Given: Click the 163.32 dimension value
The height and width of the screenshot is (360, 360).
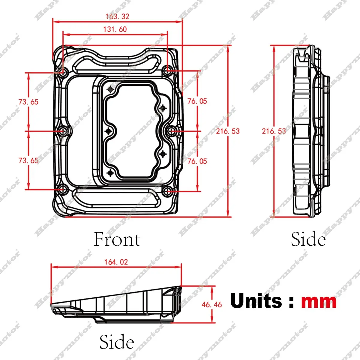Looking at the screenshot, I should (x=117, y=16).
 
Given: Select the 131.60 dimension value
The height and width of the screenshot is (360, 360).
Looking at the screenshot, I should (x=115, y=29).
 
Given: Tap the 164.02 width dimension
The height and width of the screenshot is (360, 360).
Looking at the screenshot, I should (x=116, y=262).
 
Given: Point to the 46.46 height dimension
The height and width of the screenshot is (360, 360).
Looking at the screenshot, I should (x=212, y=304).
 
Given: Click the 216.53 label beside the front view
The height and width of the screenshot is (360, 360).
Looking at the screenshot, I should (x=228, y=131).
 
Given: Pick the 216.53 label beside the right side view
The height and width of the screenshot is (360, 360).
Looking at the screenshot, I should (x=274, y=131).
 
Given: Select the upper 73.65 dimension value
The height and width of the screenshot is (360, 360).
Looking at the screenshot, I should (x=28, y=102).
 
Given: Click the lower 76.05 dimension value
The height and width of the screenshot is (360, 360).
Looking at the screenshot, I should (x=197, y=161).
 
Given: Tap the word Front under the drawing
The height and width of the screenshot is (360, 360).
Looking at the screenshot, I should (x=117, y=239).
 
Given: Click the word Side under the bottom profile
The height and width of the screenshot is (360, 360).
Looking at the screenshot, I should (x=117, y=342).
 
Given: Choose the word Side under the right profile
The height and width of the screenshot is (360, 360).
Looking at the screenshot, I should (x=308, y=239).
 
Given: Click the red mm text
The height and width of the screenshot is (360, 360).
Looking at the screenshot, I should (x=319, y=301).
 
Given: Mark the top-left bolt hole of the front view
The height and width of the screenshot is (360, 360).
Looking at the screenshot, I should (x=63, y=72).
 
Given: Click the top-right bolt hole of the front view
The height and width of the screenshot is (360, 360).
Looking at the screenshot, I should (x=167, y=71).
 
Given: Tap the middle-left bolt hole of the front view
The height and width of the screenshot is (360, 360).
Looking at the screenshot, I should (x=64, y=131).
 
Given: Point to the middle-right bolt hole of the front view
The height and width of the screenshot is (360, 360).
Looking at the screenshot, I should (x=171, y=131).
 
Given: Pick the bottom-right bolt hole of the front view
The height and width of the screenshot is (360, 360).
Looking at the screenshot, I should (x=167, y=190).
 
